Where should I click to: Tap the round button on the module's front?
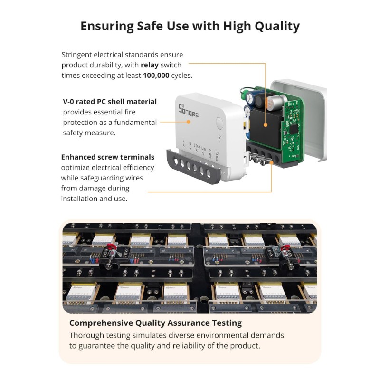click(219, 123)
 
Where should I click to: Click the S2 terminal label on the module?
click(217, 154)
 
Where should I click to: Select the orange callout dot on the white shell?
click(189, 122)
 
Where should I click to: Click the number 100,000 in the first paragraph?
click(156, 75)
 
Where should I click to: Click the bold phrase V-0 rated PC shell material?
click(110, 102)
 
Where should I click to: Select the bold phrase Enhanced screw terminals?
click(108, 157)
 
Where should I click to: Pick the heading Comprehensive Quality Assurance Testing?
click(155, 323)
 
